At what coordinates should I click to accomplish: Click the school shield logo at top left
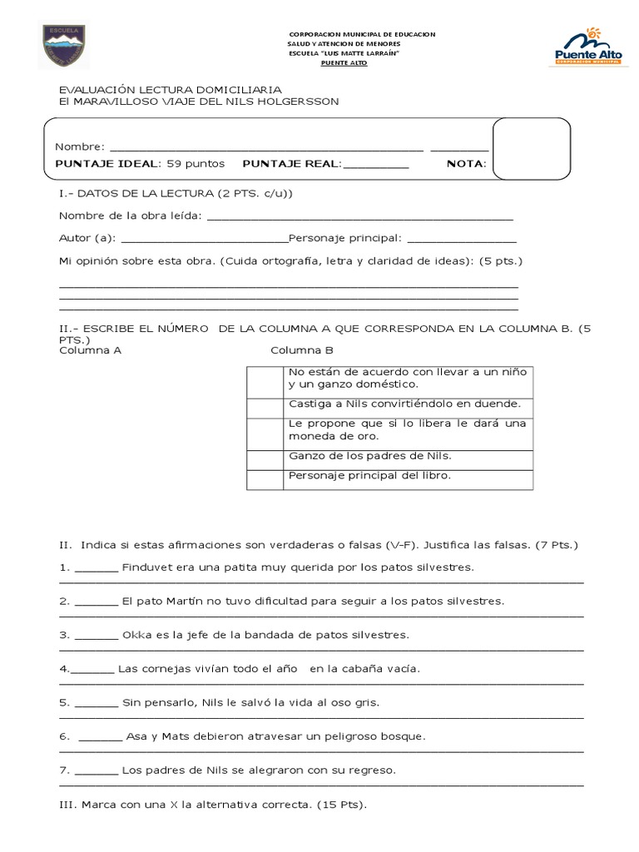[x=63, y=46]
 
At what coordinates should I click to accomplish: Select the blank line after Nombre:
[x=266, y=148]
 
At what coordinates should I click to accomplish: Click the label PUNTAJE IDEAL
[x=107, y=164]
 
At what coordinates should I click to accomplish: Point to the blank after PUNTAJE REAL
[x=375, y=166]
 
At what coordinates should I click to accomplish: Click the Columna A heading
[x=91, y=350]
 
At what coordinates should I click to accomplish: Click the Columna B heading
[x=301, y=350]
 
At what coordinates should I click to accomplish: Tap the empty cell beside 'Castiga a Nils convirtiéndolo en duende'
[x=265, y=406]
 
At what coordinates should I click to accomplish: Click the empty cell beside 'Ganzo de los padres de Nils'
[x=265, y=459]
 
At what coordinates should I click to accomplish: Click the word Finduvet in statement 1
[x=147, y=567]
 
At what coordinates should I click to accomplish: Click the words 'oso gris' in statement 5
[x=354, y=703]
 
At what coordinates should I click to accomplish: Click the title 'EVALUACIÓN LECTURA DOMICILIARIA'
[x=170, y=89]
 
